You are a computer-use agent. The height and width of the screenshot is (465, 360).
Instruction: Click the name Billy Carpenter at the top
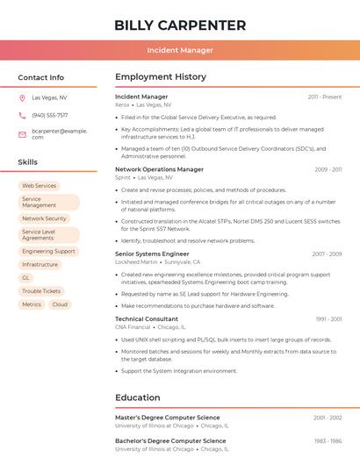point(180,25)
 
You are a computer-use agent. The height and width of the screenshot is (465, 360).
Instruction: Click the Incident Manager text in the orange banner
point(180,50)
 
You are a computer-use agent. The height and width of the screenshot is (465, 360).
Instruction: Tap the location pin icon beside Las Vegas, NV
point(22,98)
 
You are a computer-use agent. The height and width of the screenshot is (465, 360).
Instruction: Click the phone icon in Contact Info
point(22,115)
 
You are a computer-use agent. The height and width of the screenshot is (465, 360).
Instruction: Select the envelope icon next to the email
point(22,133)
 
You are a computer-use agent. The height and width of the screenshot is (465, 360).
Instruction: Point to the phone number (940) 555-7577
point(50,115)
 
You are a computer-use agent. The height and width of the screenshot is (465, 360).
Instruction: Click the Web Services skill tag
point(39,186)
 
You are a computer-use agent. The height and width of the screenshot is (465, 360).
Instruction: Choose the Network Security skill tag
point(44,218)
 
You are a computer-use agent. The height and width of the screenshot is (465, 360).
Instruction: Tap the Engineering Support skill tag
point(48,251)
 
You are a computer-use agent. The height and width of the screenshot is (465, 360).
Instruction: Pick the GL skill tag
point(25,277)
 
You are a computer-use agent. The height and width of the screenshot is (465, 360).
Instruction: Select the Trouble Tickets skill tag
point(41,290)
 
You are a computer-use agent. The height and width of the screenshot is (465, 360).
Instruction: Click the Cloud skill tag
point(60,304)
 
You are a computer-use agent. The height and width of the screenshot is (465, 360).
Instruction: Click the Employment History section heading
point(161,77)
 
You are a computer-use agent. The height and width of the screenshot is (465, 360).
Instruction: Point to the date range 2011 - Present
point(324,97)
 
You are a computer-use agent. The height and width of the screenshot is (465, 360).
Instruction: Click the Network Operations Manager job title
point(159,169)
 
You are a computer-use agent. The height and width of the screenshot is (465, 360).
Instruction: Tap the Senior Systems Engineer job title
point(152,254)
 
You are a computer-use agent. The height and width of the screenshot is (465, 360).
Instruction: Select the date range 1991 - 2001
point(328,319)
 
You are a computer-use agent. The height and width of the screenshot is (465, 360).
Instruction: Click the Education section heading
point(138,397)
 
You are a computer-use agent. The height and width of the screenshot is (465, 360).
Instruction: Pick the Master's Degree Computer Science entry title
point(168,418)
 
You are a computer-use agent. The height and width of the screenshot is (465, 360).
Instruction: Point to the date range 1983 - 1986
point(328,440)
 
